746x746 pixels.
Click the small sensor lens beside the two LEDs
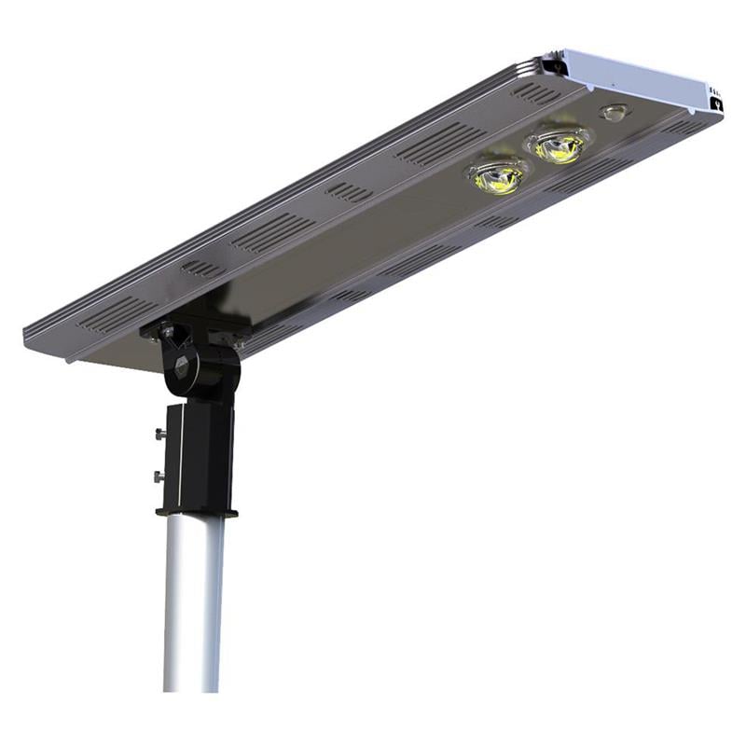pyautogui.click(x=613, y=112)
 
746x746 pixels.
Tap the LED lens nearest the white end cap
pyautogui.click(x=559, y=145)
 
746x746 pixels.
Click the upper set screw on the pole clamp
pyautogui.click(x=159, y=434)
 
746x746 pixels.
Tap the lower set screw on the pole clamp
pyautogui.click(x=159, y=477)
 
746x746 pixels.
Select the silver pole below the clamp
pyautogui.click(x=193, y=606)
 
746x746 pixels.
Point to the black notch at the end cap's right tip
pyautogui.click(x=716, y=104)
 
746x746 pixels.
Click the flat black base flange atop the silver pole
pyautogui.click(x=197, y=510)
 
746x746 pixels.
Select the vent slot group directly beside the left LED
pyautogui.click(x=423, y=146)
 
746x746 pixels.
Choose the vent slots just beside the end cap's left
pyautogui.click(x=535, y=92)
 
